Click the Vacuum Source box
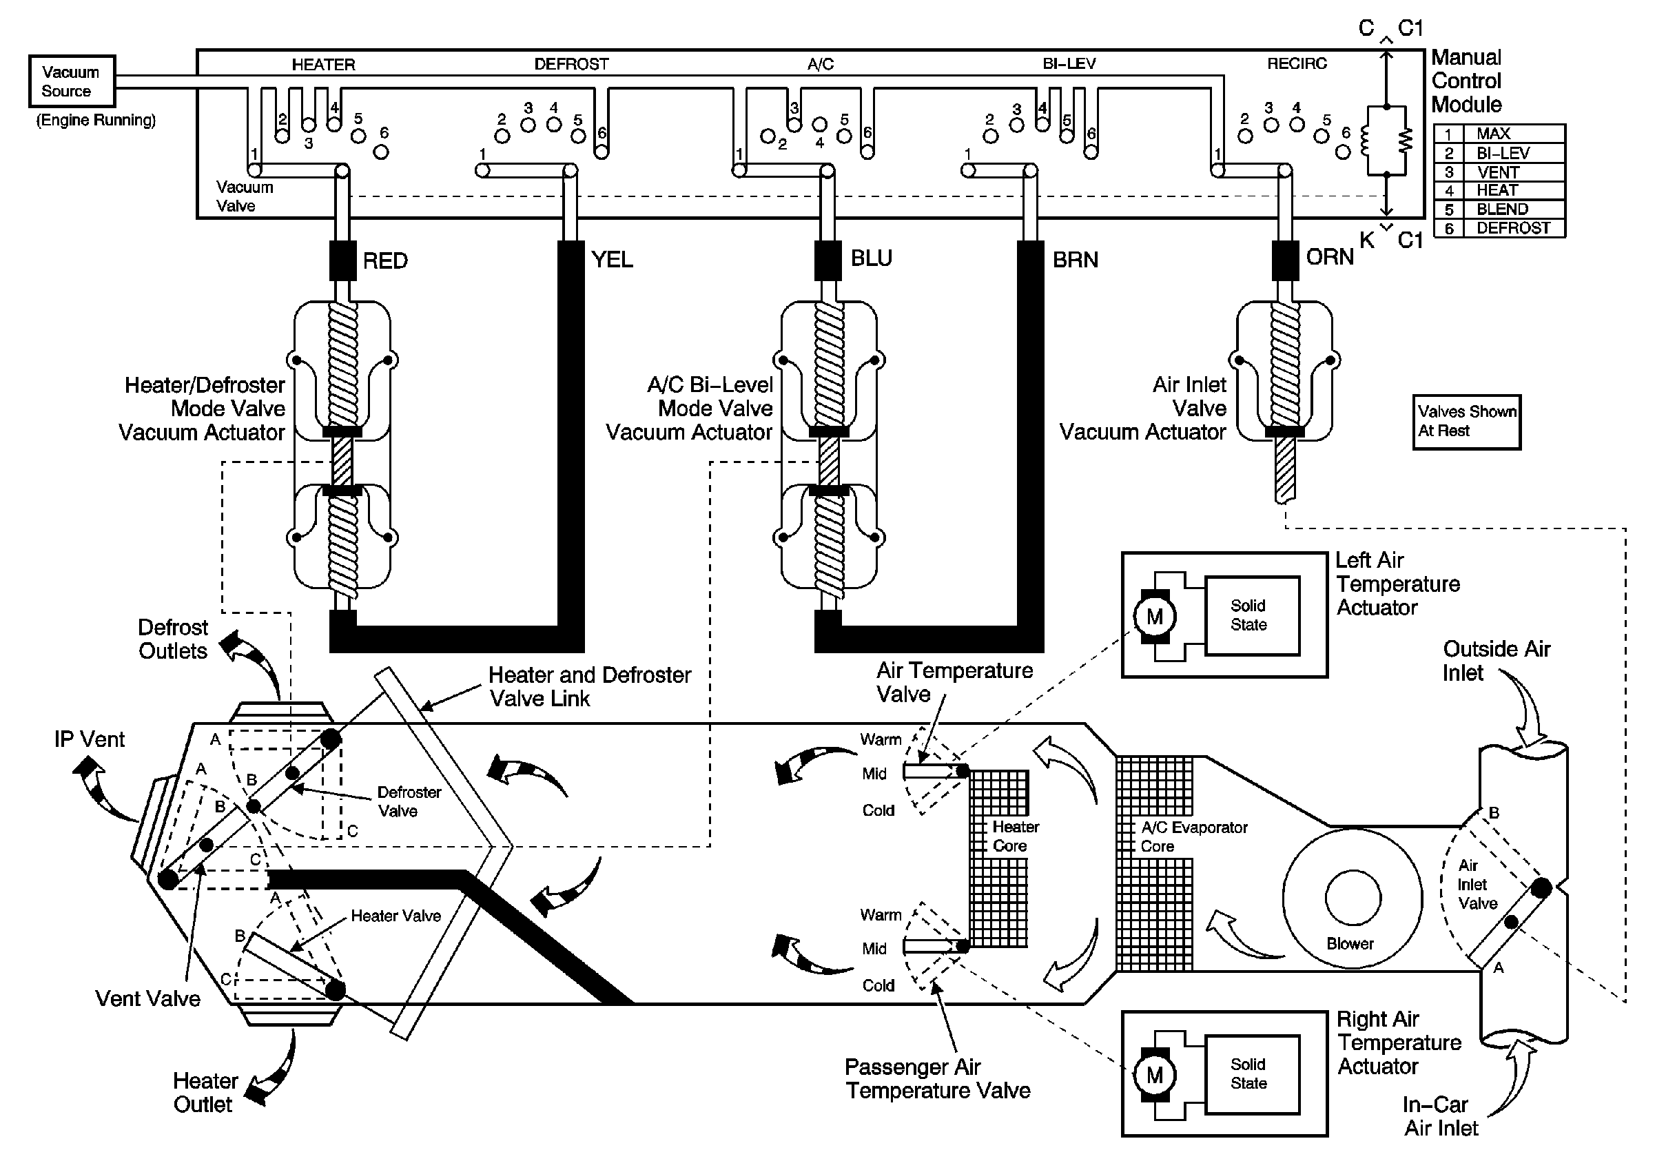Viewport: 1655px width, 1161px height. pos(72,81)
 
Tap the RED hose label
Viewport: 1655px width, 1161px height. pos(385,261)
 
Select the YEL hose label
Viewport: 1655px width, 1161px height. pos(612,260)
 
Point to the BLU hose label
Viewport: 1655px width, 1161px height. pos(872,258)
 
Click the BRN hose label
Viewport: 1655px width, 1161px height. pos(1076,260)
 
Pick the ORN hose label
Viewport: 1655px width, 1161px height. pos(1330,257)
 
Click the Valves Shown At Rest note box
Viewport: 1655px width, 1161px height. pos(1466,422)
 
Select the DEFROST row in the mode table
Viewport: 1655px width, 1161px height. pos(1499,229)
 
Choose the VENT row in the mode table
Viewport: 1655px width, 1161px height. pos(1499,172)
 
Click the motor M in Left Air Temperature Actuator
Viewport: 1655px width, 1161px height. pos(1154,617)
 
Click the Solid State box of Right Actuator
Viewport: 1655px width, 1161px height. pos(1253,1073)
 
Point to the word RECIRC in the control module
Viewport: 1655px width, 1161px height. pos(1297,63)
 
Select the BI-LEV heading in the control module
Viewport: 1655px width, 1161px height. pos(1069,63)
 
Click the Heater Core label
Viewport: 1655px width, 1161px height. pos(1015,836)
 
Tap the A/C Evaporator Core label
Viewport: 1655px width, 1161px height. pos(1193,836)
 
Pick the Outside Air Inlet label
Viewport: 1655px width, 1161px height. pos(1496,661)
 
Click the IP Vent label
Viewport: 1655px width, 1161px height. pos(90,739)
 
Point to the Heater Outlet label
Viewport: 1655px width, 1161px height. pos(205,1093)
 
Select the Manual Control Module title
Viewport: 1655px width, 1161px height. pos(1466,81)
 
